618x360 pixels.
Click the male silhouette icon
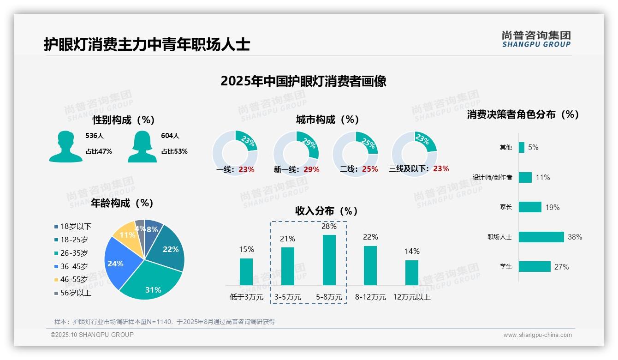65,146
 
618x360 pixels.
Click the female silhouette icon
142,146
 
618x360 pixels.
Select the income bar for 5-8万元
329,260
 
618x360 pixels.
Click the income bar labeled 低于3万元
246,271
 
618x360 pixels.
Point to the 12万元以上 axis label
411,297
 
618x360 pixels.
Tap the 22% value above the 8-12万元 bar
370,237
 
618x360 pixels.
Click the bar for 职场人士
541,237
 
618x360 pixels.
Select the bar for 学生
535,266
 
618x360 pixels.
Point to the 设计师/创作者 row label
492,177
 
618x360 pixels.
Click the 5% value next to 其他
533,147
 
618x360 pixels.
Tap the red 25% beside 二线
370,169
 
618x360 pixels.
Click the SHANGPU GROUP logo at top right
536,39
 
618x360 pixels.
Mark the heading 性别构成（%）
124,120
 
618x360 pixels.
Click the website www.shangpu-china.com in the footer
537,335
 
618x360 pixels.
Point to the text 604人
170,136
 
